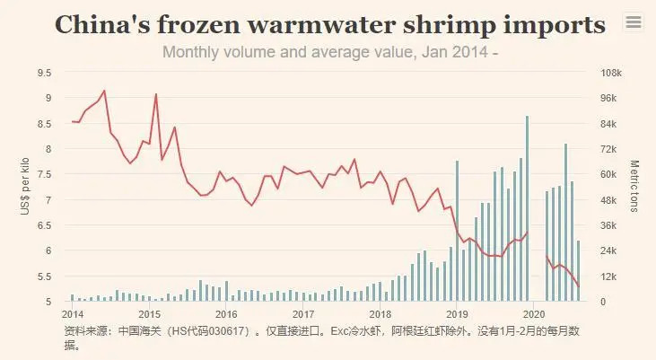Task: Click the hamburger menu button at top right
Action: click(634, 22)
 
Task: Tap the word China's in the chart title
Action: click(107, 24)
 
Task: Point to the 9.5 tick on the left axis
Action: click(45, 72)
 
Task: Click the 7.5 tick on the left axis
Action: click(45, 174)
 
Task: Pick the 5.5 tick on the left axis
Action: click(45, 276)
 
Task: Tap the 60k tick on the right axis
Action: click(608, 174)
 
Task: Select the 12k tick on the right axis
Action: click(608, 276)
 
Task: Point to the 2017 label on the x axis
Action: click(303, 314)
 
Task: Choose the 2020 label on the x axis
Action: click(534, 314)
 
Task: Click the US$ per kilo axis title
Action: click(25, 187)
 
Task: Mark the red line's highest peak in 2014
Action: click(104, 91)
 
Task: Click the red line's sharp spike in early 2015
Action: click(156, 94)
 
